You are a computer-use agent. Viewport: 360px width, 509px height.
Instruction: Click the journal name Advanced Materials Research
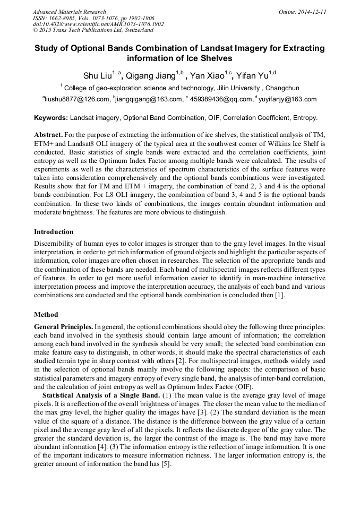pyautogui.click(x=69, y=12)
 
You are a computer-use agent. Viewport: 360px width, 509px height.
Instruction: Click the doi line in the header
pyautogui.click(x=98, y=24)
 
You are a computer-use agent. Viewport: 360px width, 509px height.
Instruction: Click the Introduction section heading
pyautogui.click(x=54, y=232)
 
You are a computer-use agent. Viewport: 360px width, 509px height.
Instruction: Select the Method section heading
pyautogui.click(x=46, y=314)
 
